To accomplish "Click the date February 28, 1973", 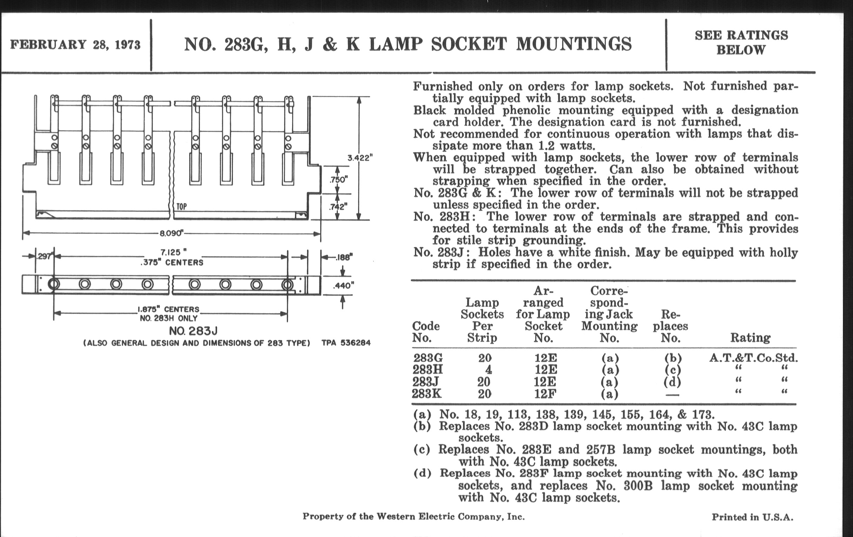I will tap(75, 45).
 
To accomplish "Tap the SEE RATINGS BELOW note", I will tap(741, 42).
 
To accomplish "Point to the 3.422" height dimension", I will tap(360, 158).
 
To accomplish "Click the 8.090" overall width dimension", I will tap(172, 233).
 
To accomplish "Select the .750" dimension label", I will tap(338, 180).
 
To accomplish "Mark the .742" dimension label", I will tap(338, 207).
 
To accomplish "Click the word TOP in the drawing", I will tap(181, 207).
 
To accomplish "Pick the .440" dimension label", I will tap(343, 285).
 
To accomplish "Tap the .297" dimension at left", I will tap(44, 256).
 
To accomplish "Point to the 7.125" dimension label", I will tap(173, 252).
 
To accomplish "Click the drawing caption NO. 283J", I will tap(193, 331).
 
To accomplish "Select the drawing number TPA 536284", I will tap(346, 343).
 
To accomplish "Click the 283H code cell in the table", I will tap(428, 370).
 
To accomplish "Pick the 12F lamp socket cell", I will tap(545, 394).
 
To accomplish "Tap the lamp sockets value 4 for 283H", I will tap(488, 370).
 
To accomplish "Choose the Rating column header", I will tap(750, 338).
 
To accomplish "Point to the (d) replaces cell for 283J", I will tap(672, 382).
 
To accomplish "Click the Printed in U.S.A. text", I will tap(752, 517).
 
